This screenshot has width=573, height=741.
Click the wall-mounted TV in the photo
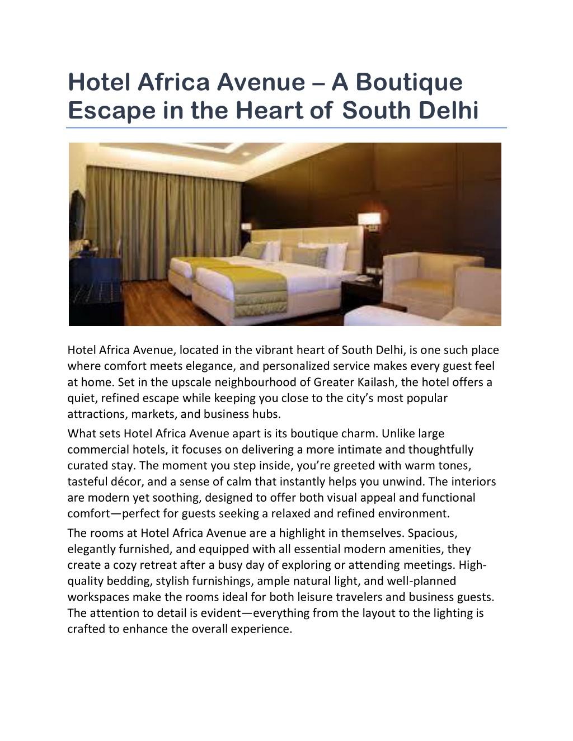[x=77, y=215]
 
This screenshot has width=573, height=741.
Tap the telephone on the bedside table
[x=365, y=278]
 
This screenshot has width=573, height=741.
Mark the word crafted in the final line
[x=86, y=629]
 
